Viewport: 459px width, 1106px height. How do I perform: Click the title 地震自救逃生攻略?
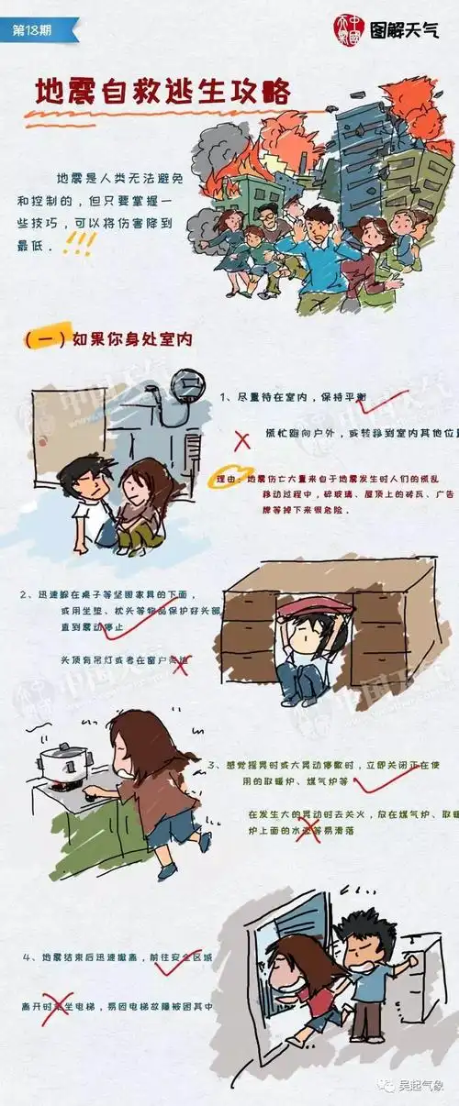click(162, 92)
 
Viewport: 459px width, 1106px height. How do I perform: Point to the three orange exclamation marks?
click(82, 243)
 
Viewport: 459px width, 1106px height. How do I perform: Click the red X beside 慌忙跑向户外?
click(242, 440)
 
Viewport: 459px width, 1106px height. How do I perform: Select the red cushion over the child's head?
click(304, 607)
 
